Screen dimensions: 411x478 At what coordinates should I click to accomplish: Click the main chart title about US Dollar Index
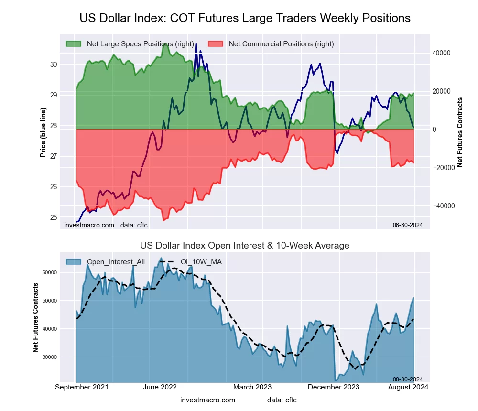pyautogui.click(x=245, y=18)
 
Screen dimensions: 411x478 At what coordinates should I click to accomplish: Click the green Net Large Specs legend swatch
pyautogui.click(x=74, y=44)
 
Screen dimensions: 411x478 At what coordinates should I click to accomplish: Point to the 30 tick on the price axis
pyautogui.click(x=53, y=65)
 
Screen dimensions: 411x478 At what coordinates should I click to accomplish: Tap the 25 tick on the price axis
pyautogui.click(x=53, y=217)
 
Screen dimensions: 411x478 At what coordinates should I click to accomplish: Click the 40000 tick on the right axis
pyautogui.click(x=442, y=53)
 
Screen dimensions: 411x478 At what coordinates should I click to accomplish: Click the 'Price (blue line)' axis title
pyautogui.click(x=43, y=132)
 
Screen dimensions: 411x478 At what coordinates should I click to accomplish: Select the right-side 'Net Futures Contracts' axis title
pyautogui.click(x=460, y=132)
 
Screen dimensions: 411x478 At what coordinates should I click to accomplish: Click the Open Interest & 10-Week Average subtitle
pyautogui.click(x=245, y=246)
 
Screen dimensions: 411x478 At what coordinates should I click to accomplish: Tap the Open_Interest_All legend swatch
pyautogui.click(x=74, y=261)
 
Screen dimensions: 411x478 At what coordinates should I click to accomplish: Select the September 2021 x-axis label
pyautogui.click(x=82, y=387)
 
